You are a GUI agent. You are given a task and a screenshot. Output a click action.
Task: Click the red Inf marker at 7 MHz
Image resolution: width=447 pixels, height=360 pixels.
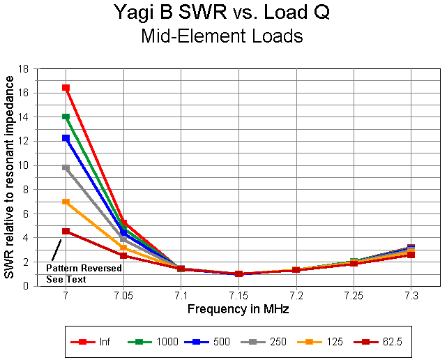coord(66,88)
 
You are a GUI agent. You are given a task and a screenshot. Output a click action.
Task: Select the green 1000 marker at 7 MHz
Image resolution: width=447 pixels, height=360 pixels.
coord(66,117)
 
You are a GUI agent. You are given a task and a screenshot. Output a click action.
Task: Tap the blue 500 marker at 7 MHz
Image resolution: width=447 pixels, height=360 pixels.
coord(66,138)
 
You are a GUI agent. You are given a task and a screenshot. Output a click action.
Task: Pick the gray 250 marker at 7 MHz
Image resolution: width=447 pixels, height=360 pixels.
coord(66,167)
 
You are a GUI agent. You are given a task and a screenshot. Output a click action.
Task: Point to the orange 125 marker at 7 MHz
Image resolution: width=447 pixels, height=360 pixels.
coord(66,202)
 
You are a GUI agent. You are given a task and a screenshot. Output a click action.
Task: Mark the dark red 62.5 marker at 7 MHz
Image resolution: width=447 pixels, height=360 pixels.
coord(66,231)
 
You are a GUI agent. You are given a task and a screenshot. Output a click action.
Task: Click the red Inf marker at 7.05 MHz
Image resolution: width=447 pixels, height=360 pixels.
coord(123,223)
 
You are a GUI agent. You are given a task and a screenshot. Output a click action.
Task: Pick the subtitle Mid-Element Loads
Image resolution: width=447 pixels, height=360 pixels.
coord(222,36)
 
